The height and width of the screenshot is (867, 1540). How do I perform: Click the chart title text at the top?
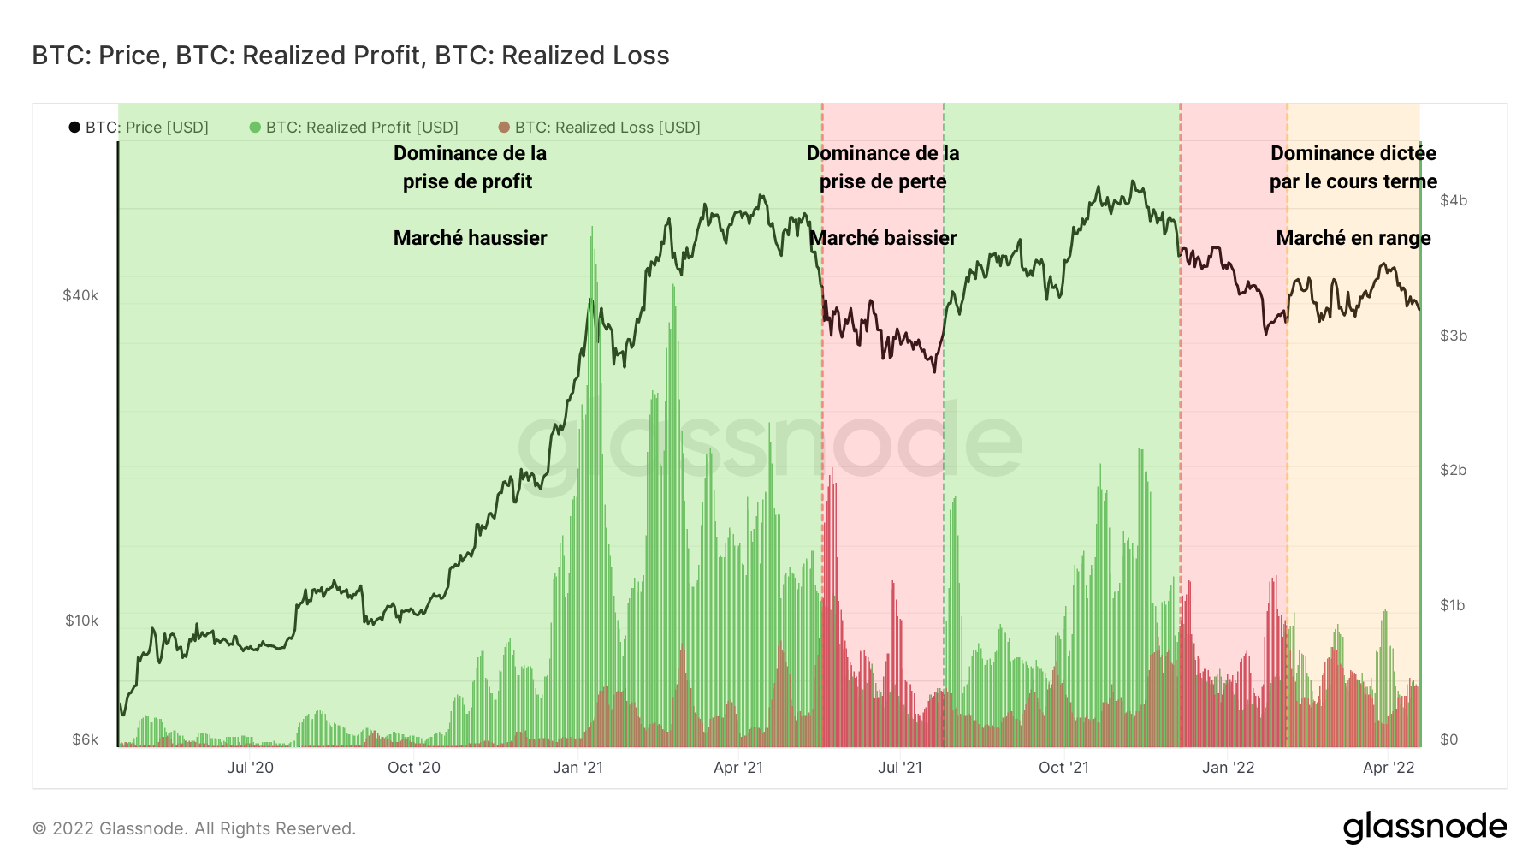tap(350, 56)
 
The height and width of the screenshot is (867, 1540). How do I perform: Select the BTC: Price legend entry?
tap(139, 128)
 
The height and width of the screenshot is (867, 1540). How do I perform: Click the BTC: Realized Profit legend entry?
tap(354, 128)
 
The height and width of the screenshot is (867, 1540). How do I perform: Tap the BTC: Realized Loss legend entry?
tap(600, 128)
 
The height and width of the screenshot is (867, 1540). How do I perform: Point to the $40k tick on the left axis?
tap(80, 296)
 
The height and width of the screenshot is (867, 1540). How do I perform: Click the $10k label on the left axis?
tap(81, 621)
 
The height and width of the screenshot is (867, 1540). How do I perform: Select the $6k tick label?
tap(85, 739)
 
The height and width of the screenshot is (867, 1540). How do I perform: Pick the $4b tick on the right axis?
tap(1454, 200)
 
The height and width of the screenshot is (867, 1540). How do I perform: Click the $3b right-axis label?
tap(1454, 336)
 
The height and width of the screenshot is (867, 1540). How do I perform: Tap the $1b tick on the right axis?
tap(1454, 605)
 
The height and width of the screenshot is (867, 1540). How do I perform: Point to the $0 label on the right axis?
tap(1448, 739)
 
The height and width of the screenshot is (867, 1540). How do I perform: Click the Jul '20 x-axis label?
tap(250, 768)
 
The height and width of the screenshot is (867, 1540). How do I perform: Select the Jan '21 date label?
tap(577, 768)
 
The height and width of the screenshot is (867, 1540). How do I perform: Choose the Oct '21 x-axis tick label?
tap(1063, 768)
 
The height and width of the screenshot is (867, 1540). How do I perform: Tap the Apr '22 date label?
tap(1389, 768)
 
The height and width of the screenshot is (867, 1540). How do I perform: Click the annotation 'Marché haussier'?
tap(470, 238)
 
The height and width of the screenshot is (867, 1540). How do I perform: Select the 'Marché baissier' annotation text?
tap(883, 238)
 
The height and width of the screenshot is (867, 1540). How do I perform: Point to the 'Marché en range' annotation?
tap(1353, 238)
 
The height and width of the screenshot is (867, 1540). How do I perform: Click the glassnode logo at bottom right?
tap(1424, 828)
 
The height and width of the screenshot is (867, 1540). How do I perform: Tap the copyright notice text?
tap(194, 828)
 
